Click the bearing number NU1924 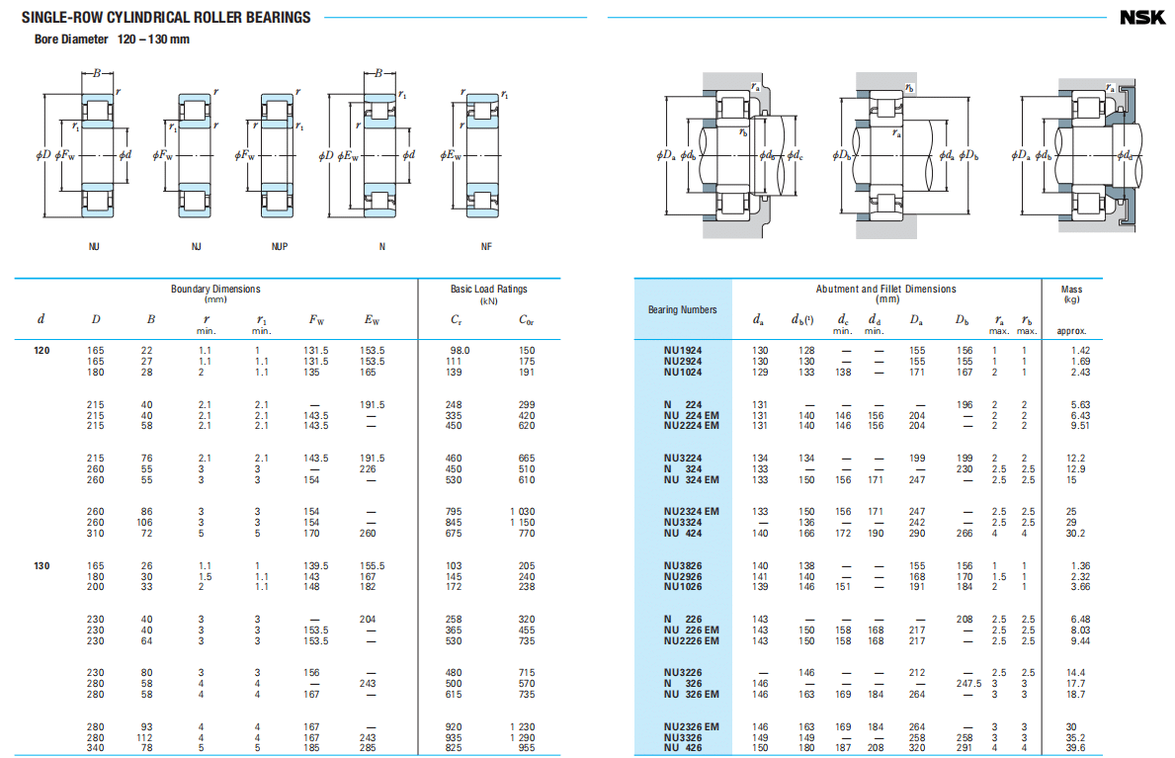coord(683,351)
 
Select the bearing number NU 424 coord(683,534)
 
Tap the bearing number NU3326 coord(683,737)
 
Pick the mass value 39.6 coord(1076,748)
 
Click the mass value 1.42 coord(1079,351)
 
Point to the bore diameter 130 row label coord(42,566)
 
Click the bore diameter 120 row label coord(42,351)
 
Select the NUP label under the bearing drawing coord(280,246)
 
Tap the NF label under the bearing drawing coord(486,246)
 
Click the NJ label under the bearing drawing coord(196,246)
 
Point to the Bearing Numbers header coord(683,310)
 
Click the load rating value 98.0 coord(461,351)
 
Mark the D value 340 coord(96,748)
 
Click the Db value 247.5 coord(968,683)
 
